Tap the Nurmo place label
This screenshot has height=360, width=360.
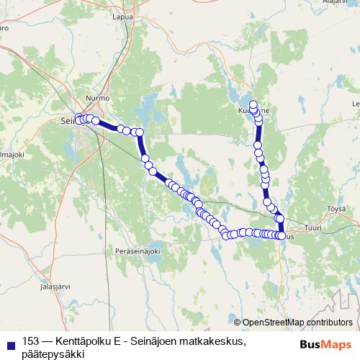[x=97, y=97]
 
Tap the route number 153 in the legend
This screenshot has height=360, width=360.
[x=32, y=341]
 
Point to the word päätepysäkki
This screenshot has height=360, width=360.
[x=54, y=354]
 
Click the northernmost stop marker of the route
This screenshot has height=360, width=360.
[x=253, y=104]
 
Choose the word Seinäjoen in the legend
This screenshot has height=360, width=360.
[x=156, y=341]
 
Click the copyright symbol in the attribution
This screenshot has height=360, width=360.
[x=238, y=323]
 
